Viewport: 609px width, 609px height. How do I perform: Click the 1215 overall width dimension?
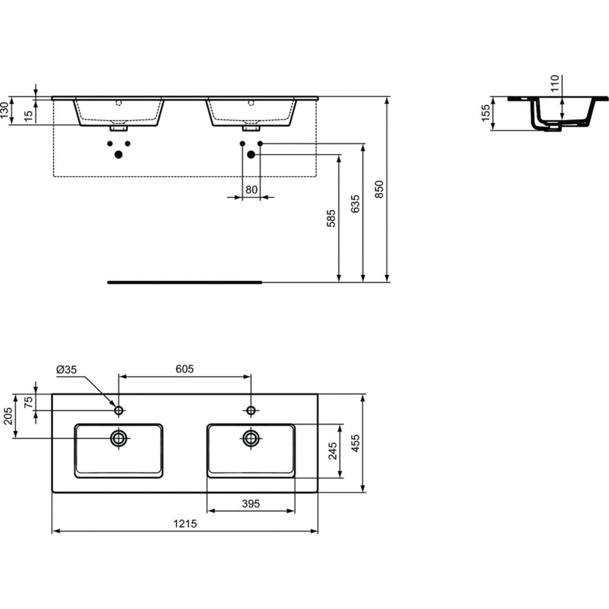point(185,524)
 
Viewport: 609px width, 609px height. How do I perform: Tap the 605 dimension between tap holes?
point(185,369)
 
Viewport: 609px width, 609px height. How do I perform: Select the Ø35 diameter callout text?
point(66,370)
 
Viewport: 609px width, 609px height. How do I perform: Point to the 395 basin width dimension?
point(250,504)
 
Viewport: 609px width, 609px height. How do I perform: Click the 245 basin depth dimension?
point(333,451)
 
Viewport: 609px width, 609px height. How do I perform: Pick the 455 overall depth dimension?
point(356,443)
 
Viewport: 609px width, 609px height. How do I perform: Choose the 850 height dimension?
point(379,189)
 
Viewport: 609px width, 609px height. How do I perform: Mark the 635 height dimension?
point(356,204)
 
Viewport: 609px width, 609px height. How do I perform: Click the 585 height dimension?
point(331,218)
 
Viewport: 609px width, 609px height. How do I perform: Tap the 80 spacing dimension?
point(252,190)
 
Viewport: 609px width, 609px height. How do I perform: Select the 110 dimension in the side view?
point(555,83)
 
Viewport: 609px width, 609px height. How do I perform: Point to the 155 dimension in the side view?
point(485,113)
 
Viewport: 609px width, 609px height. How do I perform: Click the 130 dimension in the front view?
point(4,110)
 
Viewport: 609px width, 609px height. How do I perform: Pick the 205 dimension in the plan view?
point(8,416)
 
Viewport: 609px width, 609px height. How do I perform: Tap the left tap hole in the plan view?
point(119,410)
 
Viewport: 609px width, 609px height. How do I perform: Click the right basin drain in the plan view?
point(251,438)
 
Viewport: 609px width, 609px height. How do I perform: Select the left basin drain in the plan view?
point(119,438)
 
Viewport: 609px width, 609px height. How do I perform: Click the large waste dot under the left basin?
point(119,155)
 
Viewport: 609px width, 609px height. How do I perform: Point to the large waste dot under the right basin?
point(251,155)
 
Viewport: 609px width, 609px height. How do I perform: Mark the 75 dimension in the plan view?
point(29,403)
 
